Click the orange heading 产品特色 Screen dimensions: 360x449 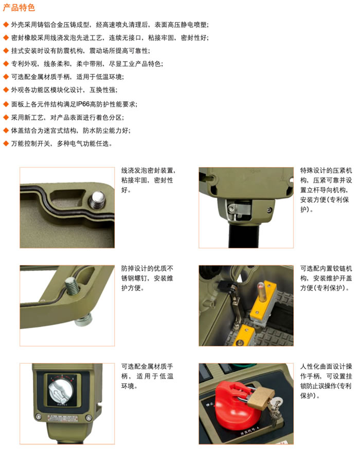(x=19, y=7)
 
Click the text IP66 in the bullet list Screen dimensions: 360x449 (x=83, y=104)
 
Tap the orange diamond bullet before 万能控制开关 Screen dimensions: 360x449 (x=6, y=143)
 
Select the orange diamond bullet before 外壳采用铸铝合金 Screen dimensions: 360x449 (x=6, y=25)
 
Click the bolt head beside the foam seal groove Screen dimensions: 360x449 (x=97, y=200)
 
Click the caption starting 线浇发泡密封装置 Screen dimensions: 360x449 (x=148, y=180)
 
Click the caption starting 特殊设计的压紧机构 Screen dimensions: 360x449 (x=326, y=190)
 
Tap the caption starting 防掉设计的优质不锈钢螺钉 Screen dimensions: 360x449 (x=147, y=278)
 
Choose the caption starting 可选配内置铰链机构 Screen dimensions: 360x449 (x=326, y=278)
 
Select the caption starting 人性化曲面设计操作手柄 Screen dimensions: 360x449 (x=326, y=381)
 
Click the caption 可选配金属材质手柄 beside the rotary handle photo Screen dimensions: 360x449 (x=147, y=376)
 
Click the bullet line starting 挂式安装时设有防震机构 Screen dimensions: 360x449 (x=80, y=51)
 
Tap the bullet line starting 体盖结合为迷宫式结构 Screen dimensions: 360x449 (x=70, y=131)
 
